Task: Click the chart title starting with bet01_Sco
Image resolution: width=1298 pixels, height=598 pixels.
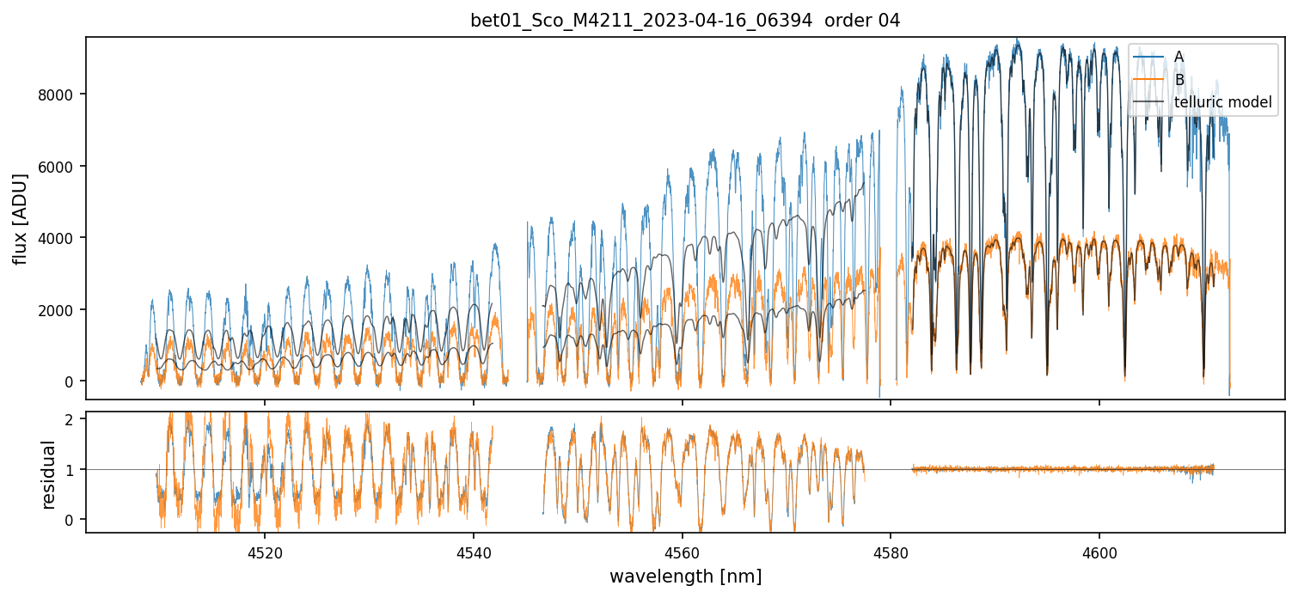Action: tap(640, 21)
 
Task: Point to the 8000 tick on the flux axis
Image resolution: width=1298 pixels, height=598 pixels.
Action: tap(57, 94)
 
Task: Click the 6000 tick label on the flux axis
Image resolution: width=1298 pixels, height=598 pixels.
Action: tap(57, 166)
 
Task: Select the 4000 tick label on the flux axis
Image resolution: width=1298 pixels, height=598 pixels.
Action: tap(57, 237)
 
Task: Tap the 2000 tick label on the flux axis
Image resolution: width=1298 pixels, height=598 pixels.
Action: tap(57, 309)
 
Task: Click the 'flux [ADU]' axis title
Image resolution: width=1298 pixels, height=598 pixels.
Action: tap(21, 218)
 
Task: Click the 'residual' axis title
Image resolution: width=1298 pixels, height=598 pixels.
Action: tap(50, 474)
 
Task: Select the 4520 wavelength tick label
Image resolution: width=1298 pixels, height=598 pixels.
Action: tap(264, 551)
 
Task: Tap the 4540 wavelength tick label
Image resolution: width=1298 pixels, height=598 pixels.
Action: tap(473, 551)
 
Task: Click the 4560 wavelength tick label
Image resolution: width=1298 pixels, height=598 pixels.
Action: tap(682, 551)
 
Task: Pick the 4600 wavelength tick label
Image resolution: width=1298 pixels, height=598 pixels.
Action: tap(1099, 551)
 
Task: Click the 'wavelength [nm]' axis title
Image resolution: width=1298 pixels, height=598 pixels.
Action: tap(685, 576)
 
